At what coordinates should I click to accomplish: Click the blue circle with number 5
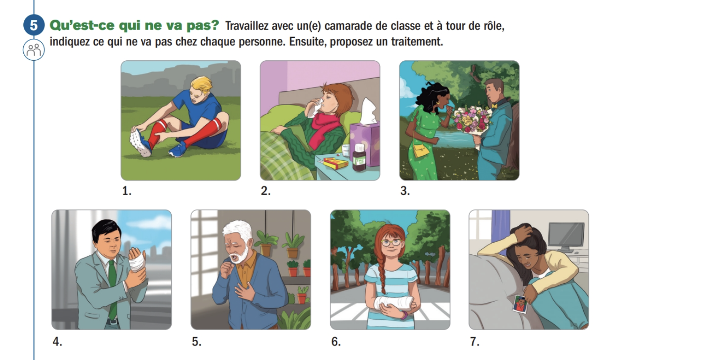click(x=34, y=25)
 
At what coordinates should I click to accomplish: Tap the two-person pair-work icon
click(x=34, y=50)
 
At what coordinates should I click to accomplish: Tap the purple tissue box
click(x=365, y=142)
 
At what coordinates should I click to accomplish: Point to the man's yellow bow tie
click(x=495, y=106)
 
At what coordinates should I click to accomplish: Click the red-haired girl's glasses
click(x=391, y=242)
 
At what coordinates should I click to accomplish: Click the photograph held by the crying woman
click(x=520, y=304)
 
